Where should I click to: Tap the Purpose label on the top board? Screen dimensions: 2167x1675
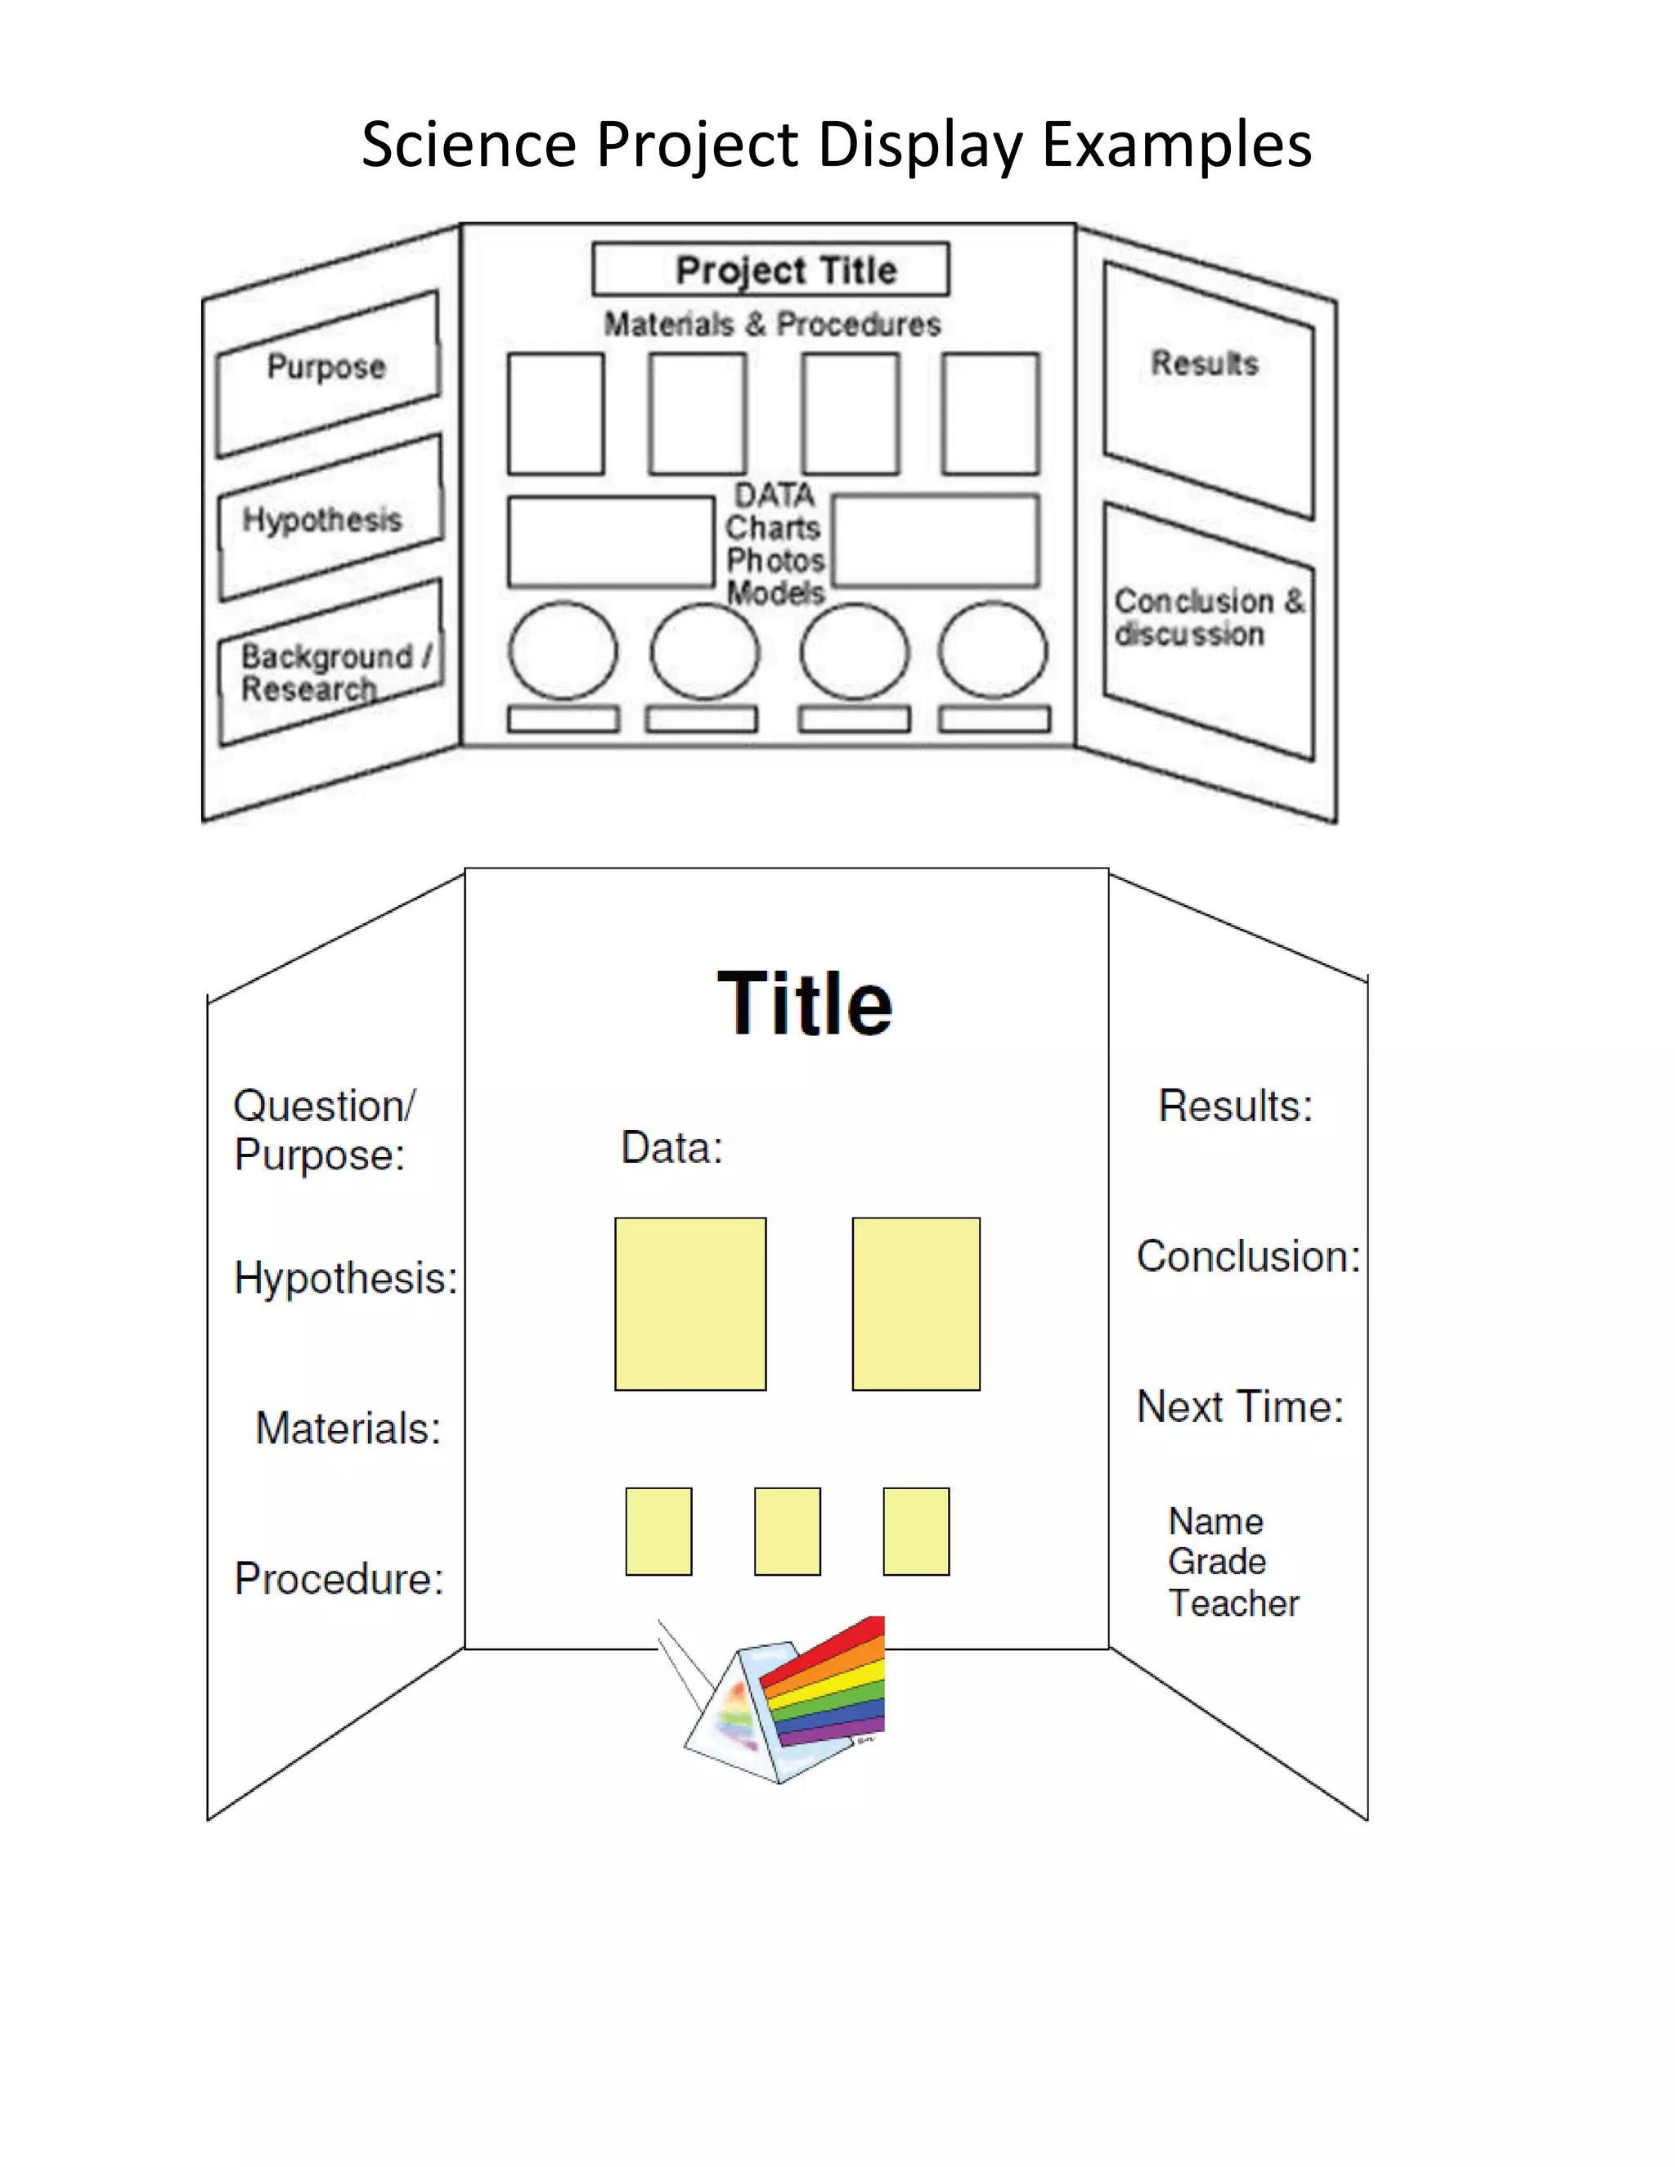tap(326, 366)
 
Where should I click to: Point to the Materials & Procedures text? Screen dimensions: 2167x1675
tap(772, 325)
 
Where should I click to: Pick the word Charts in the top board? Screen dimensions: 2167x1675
tap(772, 527)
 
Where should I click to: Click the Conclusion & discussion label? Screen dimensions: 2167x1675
tap(1208, 617)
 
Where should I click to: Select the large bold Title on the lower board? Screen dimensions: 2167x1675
tap(805, 1003)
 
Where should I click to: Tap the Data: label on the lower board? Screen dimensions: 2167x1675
tap(671, 1148)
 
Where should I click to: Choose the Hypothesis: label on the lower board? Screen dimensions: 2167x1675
tap(345, 1278)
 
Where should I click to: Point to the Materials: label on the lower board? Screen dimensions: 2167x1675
tap(348, 1429)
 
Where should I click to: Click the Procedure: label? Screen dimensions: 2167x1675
tap(339, 1578)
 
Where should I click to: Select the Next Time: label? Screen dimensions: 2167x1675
tap(1239, 1407)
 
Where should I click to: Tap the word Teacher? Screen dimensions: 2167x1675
tap(1233, 1604)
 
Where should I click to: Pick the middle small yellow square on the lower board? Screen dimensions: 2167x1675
tap(787, 1531)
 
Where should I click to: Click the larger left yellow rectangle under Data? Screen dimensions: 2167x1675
tap(689, 1303)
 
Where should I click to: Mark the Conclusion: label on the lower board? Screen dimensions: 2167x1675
tap(1247, 1257)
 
